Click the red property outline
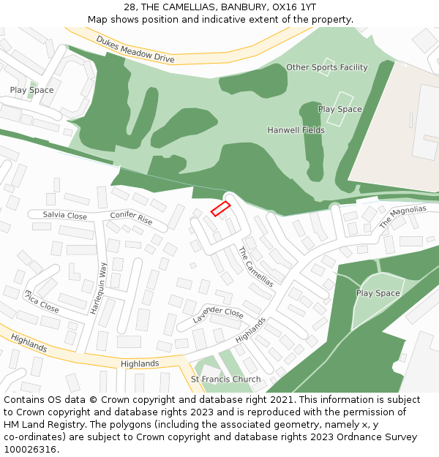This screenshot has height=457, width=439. [220, 208]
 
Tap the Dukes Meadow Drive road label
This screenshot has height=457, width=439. [135, 49]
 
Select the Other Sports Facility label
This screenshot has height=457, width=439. [326, 67]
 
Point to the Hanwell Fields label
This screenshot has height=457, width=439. [296, 130]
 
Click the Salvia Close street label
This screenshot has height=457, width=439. [64, 216]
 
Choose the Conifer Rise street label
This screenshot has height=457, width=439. [131, 217]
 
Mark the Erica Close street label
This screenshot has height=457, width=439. [41, 301]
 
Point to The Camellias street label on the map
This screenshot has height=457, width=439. [256, 266]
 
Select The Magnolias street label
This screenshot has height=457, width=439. [402, 217]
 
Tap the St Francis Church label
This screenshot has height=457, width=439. [225, 379]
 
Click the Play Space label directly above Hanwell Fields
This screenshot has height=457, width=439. [339, 109]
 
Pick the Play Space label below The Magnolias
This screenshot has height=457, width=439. [378, 293]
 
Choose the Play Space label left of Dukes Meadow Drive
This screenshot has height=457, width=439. [31, 90]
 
